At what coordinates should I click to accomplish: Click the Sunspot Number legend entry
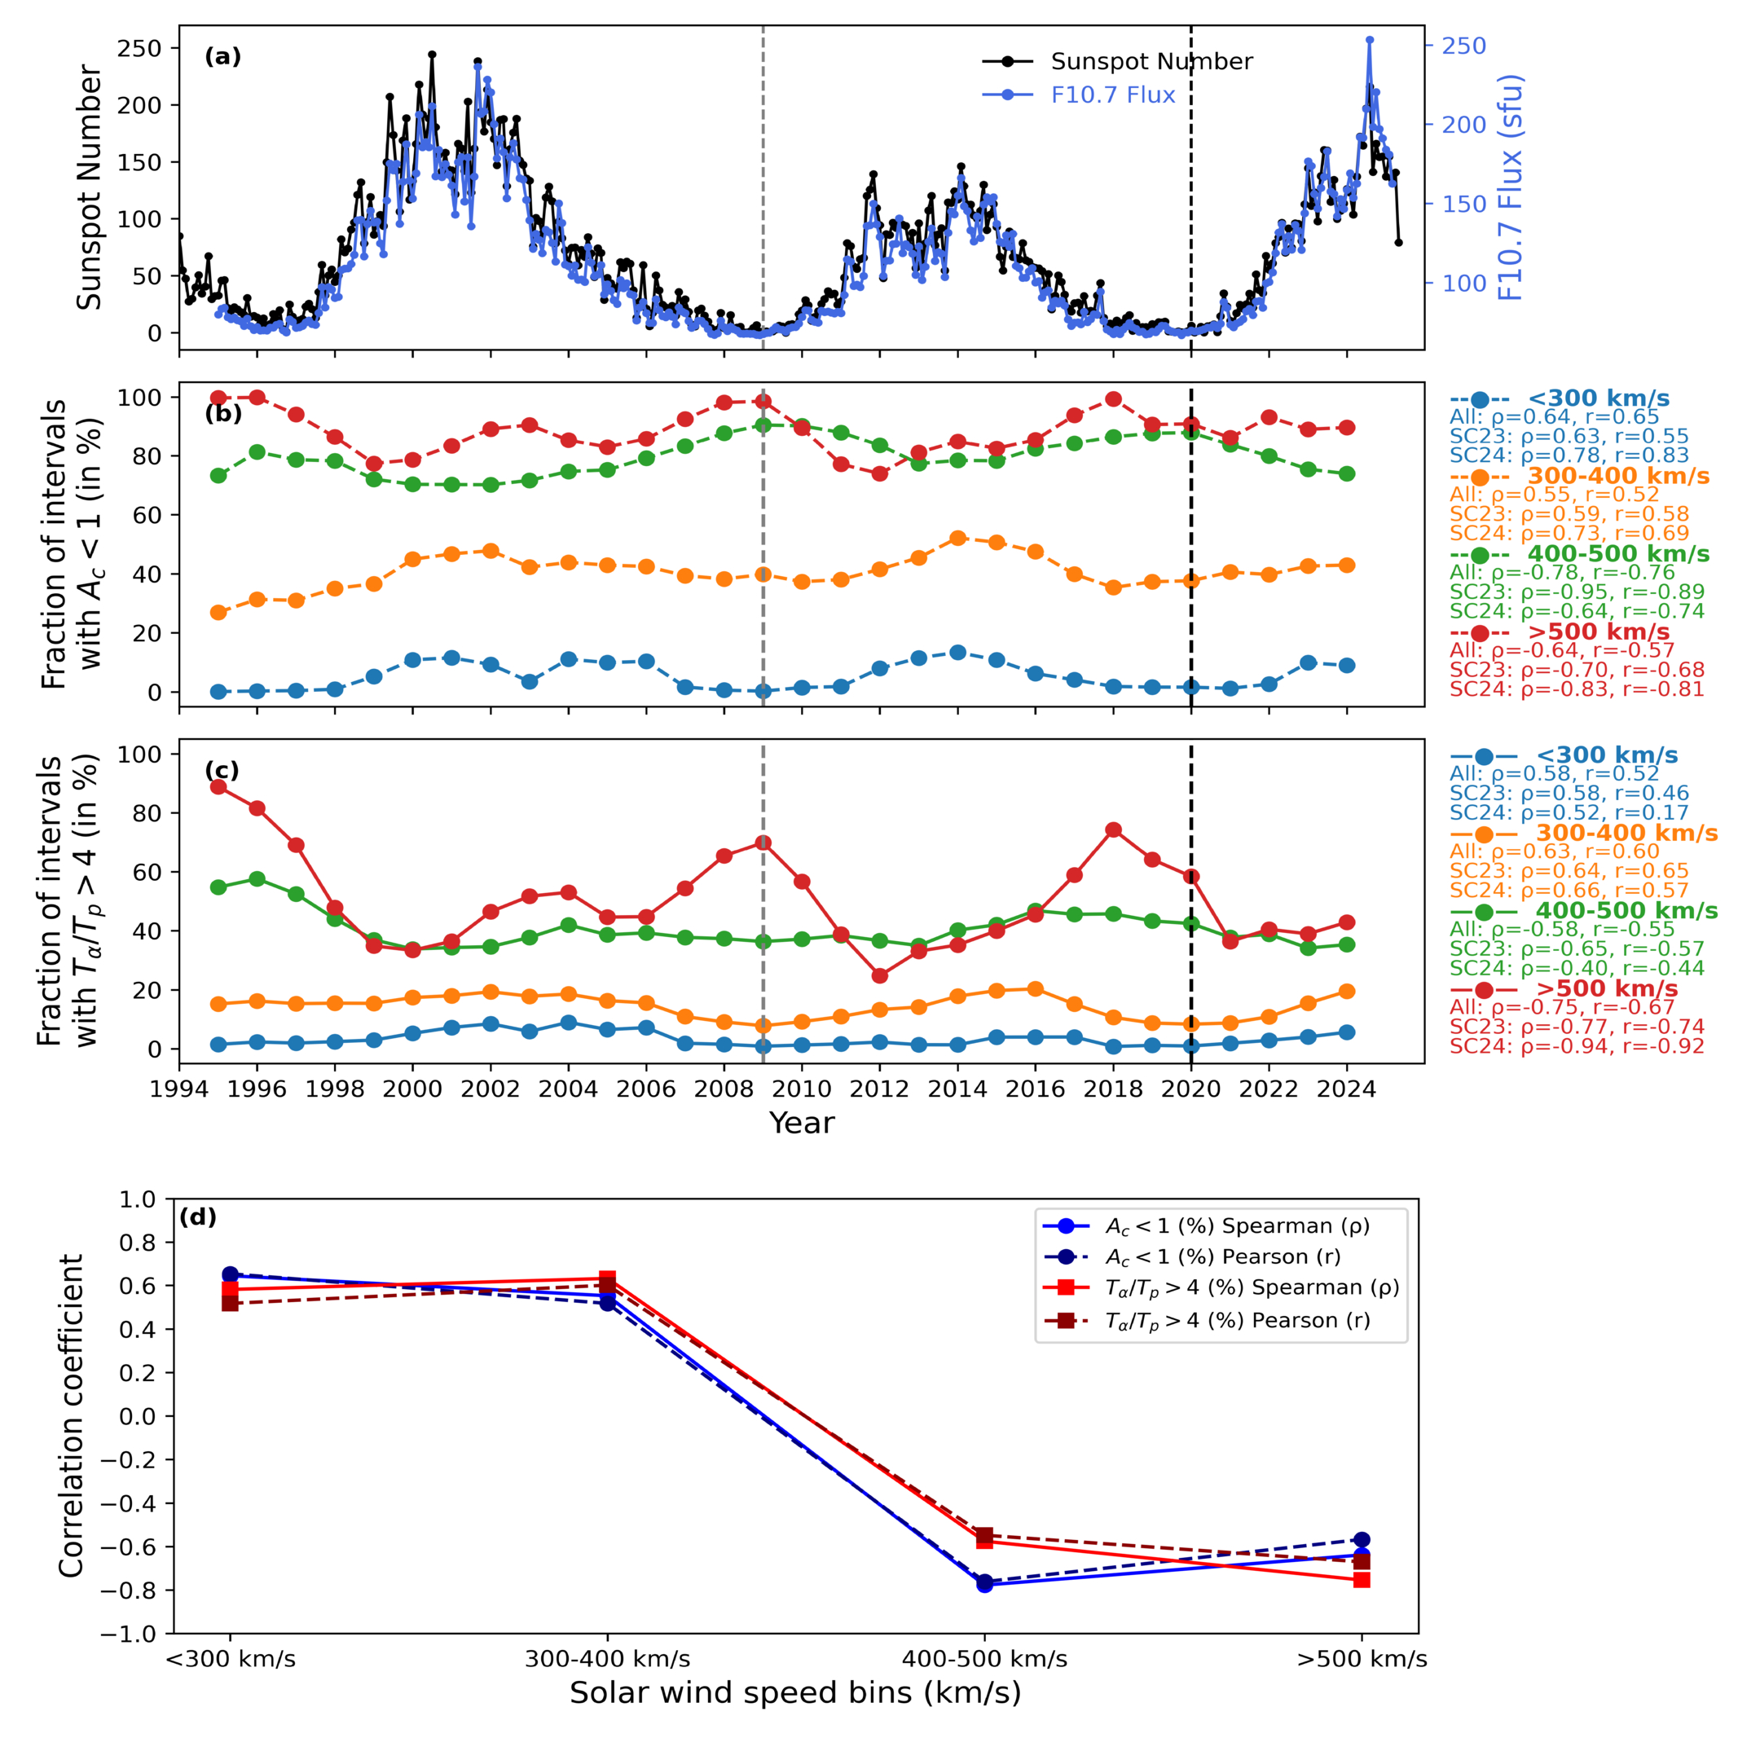point(1117,61)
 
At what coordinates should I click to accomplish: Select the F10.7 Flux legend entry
point(1079,95)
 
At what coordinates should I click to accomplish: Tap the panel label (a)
point(223,57)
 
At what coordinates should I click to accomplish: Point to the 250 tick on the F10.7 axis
point(1463,46)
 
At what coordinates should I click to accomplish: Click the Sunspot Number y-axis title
point(89,187)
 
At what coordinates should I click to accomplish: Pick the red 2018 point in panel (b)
point(1114,399)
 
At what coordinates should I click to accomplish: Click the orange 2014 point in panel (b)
point(958,538)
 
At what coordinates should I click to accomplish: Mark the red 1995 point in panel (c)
point(218,787)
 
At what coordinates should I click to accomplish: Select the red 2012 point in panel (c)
point(880,976)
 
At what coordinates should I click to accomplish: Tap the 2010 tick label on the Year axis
point(802,1089)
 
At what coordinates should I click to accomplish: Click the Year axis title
point(802,1123)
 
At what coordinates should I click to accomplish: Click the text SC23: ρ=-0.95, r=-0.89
point(1577,592)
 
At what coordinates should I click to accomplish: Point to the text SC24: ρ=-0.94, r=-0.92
point(1577,1046)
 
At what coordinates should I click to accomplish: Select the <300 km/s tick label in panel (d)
point(231,1659)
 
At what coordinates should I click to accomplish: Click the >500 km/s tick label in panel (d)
point(1362,1659)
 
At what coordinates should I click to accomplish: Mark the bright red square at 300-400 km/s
point(607,1278)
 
